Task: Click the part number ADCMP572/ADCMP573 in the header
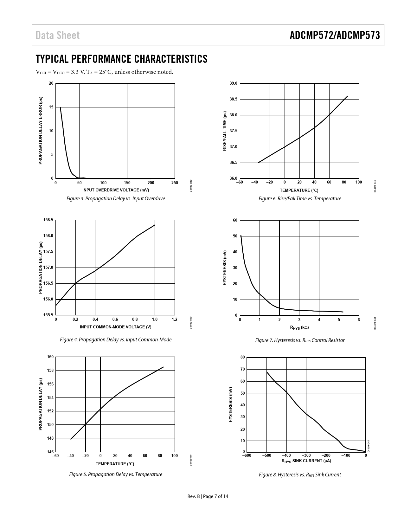(335, 35)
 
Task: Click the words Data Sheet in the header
(58, 35)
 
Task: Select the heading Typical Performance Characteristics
(122, 59)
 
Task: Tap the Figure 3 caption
(116, 199)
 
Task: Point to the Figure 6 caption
(300, 199)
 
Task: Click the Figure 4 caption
(116, 340)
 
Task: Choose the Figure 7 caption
(300, 340)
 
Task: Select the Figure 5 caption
(116, 475)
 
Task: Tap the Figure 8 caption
(300, 475)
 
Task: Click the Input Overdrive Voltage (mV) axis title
(116, 190)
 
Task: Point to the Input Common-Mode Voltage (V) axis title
(116, 327)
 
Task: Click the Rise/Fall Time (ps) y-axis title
(225, 131)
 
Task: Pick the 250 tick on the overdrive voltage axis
(175, 183)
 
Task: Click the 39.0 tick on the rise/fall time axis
(234, 83)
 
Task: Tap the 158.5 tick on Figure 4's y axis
(48, 220)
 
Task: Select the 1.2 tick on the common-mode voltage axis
(175, 320)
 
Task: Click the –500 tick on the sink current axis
(266, 456)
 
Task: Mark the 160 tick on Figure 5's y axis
(50, 357)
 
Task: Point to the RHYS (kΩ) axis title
(299, 327)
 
